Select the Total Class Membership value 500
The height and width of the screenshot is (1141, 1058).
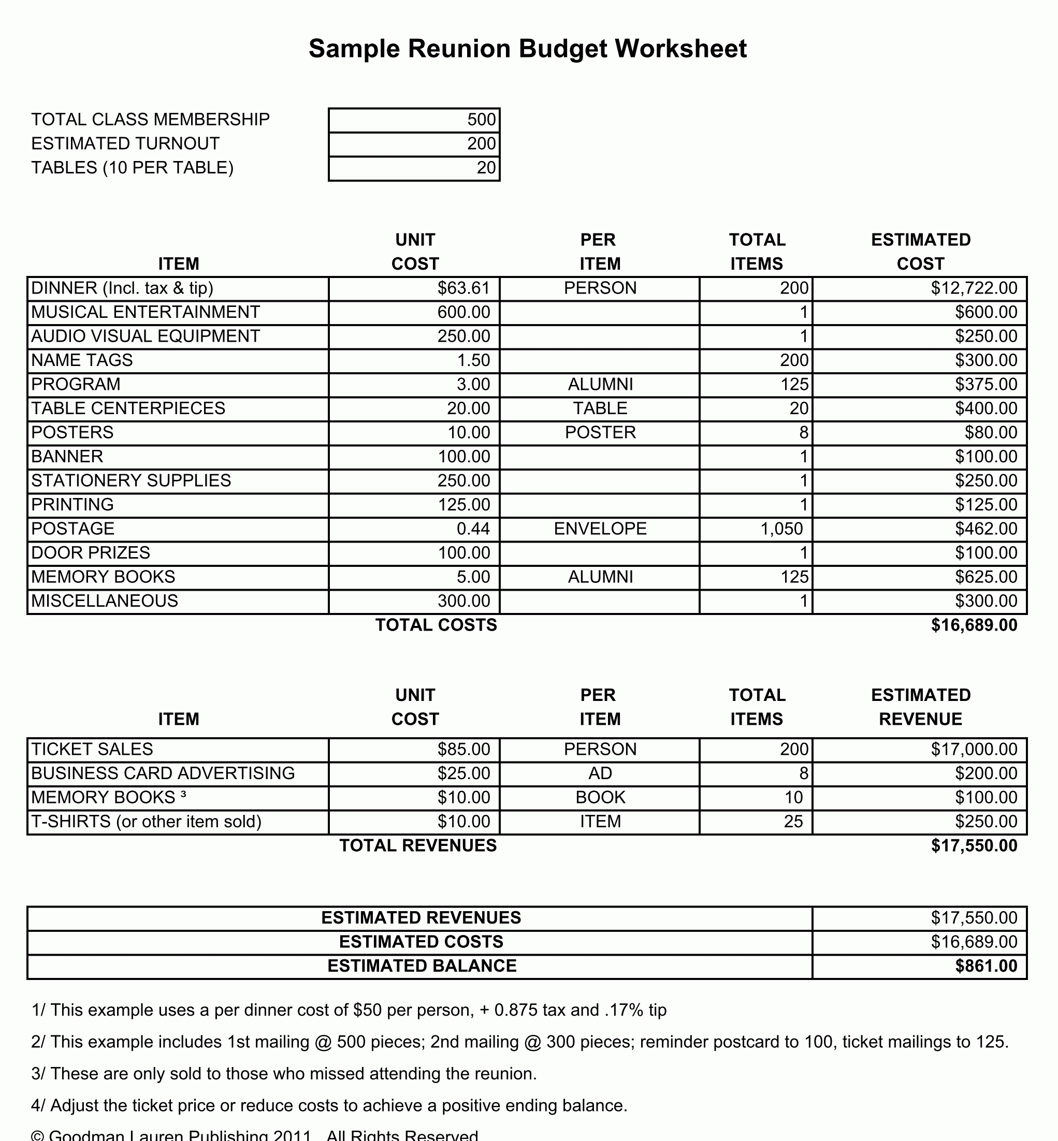[x=481, y=120]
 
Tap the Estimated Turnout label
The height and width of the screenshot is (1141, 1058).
[x=125, y=143]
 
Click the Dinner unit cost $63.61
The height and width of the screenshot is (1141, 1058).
[x=463, y=288]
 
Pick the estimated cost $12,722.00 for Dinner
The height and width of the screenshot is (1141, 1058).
[x=973, y=288]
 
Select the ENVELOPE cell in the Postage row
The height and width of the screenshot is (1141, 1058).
[x=600, y=529]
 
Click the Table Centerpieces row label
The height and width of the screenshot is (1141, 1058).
[x=128, y=408]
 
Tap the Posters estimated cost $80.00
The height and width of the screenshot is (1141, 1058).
[x=991, y=433]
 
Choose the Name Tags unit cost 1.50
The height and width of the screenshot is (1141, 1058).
[x=473, y=360]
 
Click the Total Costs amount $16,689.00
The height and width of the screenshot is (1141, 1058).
[x=973, y=625]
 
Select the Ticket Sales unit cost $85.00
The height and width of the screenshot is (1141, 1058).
[x=463, y=750]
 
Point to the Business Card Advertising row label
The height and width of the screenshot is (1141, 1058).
[x=163, y=773]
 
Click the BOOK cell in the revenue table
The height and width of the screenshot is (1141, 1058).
[x=600, y=798]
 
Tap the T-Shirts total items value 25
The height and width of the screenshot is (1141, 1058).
[x=793, y=822]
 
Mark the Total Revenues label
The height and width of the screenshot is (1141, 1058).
[x=418, y=846]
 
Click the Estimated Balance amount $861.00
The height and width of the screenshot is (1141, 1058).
[x=986, y=966]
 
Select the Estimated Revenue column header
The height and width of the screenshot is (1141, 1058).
[x=921, y=707]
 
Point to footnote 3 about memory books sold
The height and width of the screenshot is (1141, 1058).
[x=284, y=1074]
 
